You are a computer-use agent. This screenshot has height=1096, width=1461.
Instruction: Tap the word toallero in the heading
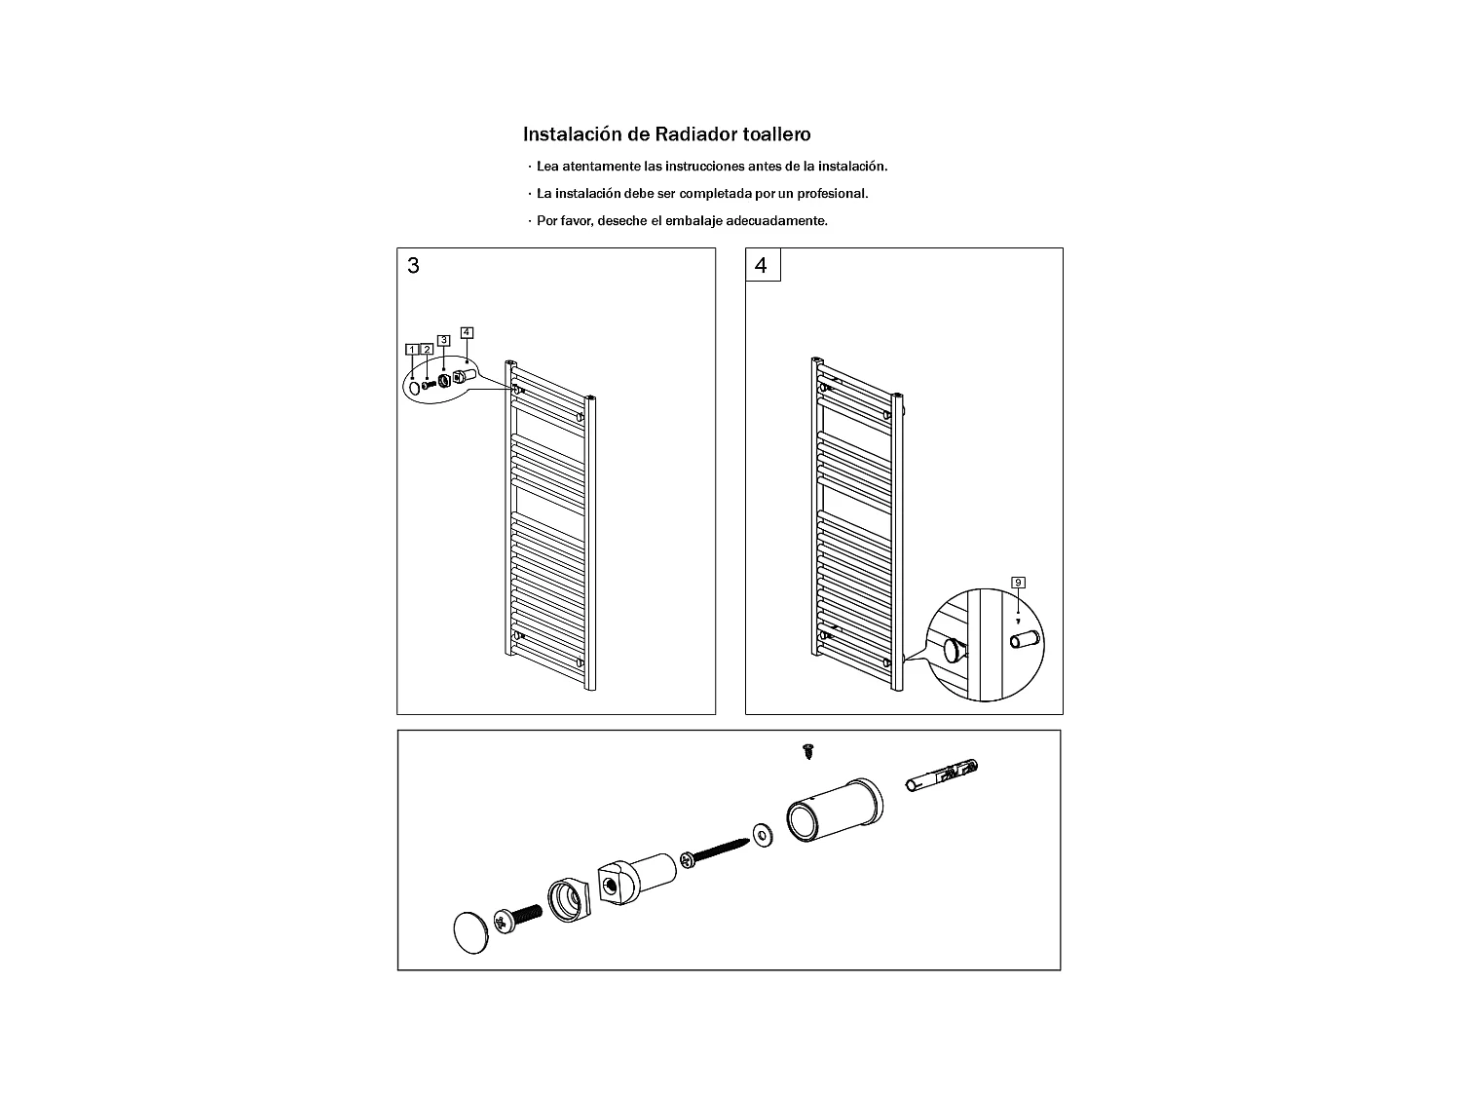776,134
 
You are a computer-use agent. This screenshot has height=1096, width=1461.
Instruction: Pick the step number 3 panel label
413,266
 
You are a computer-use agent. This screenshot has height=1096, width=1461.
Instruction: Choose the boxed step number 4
763,265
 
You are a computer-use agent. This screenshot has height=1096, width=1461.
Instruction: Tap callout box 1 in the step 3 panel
412,350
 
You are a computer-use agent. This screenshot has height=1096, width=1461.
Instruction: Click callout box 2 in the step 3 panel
428,350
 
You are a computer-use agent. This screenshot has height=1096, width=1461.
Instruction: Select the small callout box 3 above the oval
444,340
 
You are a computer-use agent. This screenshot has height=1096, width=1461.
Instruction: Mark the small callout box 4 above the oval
468,332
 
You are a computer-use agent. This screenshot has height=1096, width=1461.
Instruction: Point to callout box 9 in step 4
1019,583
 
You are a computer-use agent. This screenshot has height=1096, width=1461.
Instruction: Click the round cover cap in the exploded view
470,933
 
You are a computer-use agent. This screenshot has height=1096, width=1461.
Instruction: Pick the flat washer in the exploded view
763,835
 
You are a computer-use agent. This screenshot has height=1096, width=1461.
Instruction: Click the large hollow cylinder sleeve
835,810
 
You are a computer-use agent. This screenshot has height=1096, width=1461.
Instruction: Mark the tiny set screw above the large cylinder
808,751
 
